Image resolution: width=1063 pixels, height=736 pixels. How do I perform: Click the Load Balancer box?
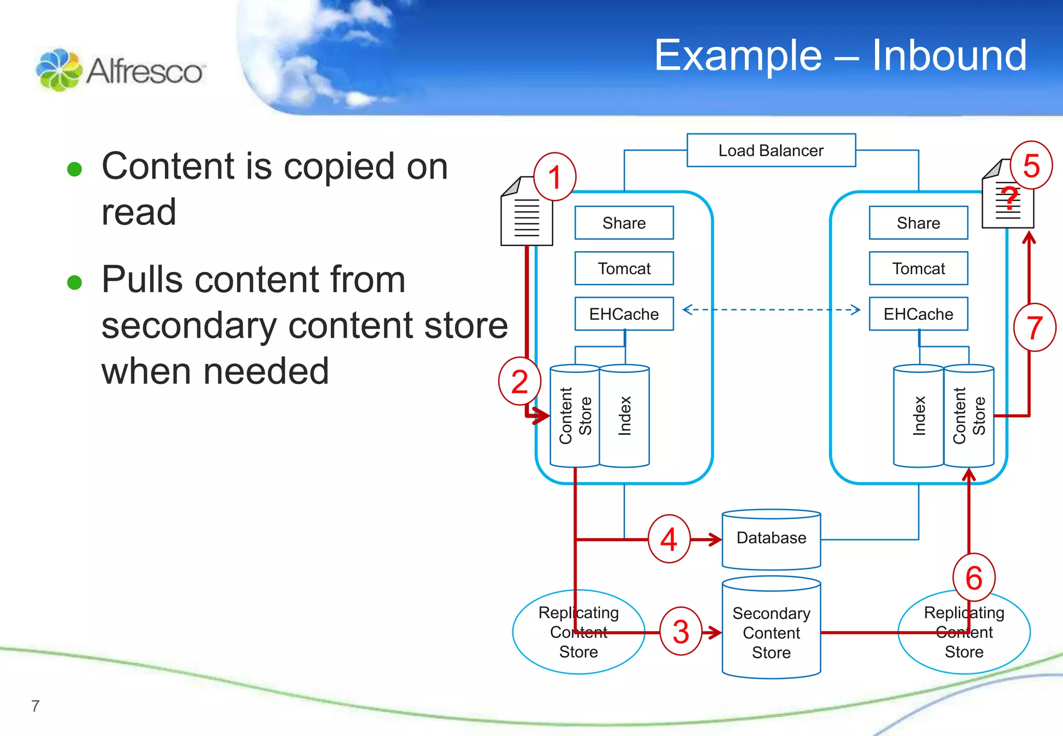(x=771, y=151)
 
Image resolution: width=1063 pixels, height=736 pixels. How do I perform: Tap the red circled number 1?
(x=555, y=176)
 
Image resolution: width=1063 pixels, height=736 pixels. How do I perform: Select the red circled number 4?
(x=669, y=539)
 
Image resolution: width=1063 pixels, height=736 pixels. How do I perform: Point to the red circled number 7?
(x=1034, y=328)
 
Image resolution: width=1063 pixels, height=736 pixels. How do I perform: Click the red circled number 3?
(x=680, y=631)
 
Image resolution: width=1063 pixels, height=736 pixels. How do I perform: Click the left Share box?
(x=624, y=223)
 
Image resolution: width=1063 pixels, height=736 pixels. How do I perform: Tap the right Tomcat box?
(x=918, y=268)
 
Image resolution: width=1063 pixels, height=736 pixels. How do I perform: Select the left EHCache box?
(x=624, y=314)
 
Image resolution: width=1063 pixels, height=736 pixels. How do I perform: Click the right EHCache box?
(x=918, y=314)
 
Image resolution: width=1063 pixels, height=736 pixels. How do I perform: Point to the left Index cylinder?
(x=624, y=416)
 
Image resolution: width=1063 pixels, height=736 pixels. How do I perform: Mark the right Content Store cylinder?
(x=969, y=416)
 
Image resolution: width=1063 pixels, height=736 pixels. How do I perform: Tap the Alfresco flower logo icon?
(x=59, y=70)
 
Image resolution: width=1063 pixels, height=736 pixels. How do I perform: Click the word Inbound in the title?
(x=949, y=56)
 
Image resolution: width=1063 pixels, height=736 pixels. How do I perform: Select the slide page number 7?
(x=35, y=706)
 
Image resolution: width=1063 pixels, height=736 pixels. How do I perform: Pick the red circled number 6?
(x=974, y=577)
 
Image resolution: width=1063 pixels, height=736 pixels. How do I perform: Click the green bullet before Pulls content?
(x=75, y=282)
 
